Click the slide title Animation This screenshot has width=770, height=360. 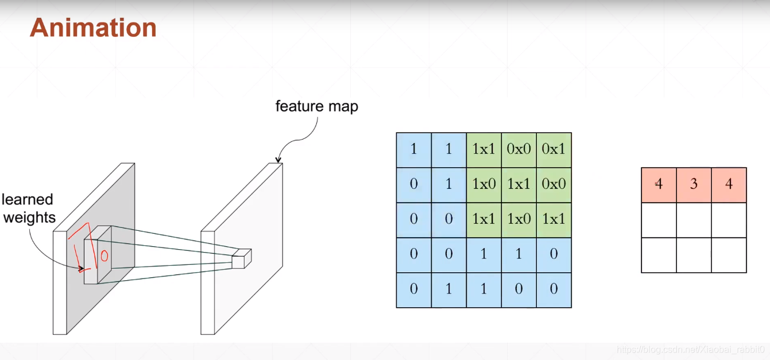(x=93, y=28)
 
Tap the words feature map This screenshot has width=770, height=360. (x=316, y=106)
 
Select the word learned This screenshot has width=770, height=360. (x=28, y=200)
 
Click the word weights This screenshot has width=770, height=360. (x=29, y=218)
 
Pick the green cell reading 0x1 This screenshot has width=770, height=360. (x=554, y=149)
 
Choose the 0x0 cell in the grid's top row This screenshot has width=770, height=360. (x=519, y=149)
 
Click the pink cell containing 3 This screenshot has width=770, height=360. (x=694, y=185)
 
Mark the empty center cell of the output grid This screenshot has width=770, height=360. (x=694, y=220)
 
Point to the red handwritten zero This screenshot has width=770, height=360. (x=105, y=256)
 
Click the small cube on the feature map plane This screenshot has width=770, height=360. (x=242, y=258)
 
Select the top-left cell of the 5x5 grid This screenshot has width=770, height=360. (x=413, y=149)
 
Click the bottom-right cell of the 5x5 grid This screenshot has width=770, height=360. (x=554, y=289)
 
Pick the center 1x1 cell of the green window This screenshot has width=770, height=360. (x=519, y=184)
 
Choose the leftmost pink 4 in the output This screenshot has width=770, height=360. (x=659, y=185)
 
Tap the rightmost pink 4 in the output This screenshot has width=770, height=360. (x=729, y=185)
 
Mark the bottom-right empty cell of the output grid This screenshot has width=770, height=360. (x=729, y=255)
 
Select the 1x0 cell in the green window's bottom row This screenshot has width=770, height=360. (x=519, y=219)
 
